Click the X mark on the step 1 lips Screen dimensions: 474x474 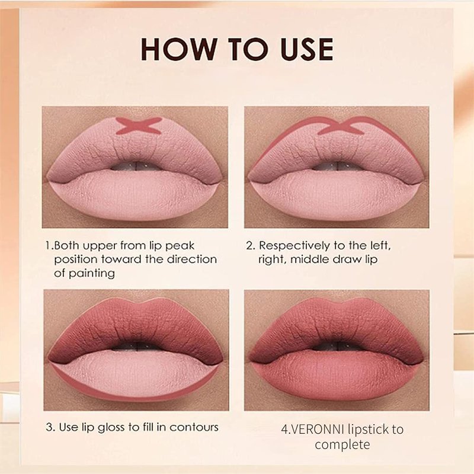point(139,126)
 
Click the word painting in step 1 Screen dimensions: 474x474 point(92,274)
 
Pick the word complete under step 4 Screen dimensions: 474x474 point(342,445)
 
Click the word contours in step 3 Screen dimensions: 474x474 point(194,427)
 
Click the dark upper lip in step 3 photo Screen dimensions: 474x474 point(136,326)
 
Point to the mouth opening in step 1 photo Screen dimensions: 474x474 point(136,166)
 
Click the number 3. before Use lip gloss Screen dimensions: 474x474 point(51,427)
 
